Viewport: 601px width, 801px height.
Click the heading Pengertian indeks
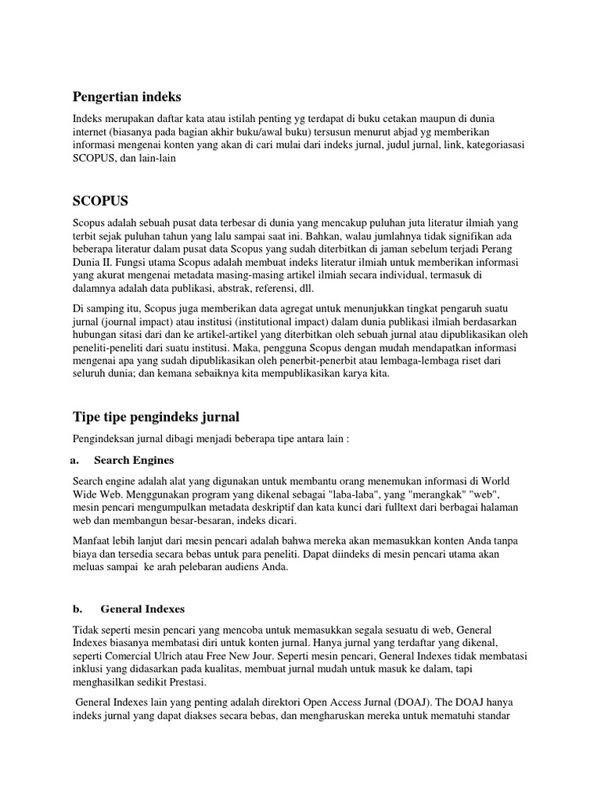(127, 97)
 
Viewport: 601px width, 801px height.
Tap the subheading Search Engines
(133, 460)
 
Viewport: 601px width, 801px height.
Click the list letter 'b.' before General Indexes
(78, 609)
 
